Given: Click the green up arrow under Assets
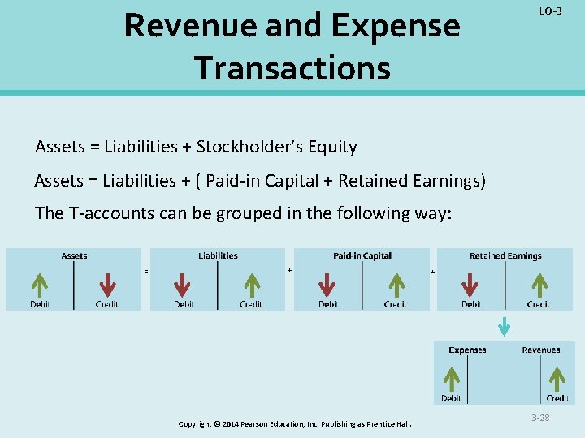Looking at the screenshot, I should tap(40, 286).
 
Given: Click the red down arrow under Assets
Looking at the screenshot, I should tap(106, 286).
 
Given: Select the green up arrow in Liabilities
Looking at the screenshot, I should tap(251, 286).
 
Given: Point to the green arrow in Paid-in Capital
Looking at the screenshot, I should tap(396, 286).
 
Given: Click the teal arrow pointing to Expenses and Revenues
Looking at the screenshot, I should tap(505, 326).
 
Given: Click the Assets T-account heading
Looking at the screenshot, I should tap(74, 256).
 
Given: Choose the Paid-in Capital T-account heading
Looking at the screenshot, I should tap(362, 256).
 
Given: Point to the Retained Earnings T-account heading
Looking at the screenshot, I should tap(505, 256).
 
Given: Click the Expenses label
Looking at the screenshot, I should tap(467, 350).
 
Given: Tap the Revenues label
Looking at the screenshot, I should tap(541, 350).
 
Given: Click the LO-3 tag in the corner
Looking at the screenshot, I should tap(551, 10).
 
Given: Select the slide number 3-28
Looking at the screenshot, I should tap(540, 418).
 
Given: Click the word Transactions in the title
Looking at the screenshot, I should tap(292, 67).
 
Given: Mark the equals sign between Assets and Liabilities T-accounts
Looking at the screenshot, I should tap(146, 270).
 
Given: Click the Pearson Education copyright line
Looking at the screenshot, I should tap(295, 424).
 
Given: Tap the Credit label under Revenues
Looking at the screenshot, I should tap(557, 398).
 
